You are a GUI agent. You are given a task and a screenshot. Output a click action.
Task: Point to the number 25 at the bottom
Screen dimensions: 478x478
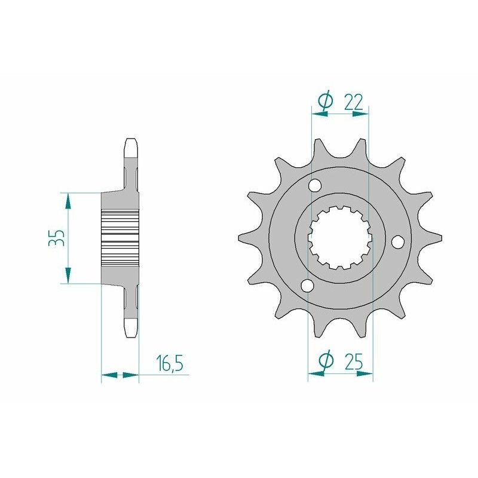pos(354,361)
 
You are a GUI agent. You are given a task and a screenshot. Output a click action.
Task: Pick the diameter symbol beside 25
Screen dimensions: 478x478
pos(326,361)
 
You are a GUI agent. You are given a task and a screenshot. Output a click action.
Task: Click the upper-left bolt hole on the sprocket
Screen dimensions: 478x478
pos(314,188)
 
